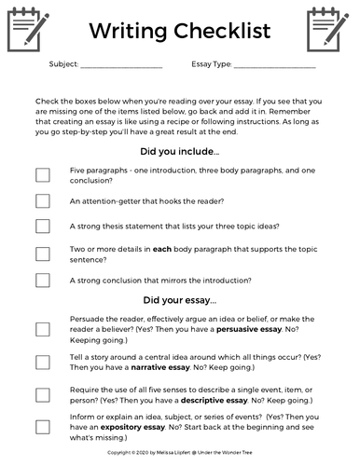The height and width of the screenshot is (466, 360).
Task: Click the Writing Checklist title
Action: click(x=179, y=31)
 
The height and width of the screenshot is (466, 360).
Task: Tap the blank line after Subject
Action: click(x=121, y=67)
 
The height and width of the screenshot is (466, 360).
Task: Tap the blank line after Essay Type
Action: click(x=274, y=67)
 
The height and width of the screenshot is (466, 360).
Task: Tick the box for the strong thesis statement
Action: click(x=43, y=226)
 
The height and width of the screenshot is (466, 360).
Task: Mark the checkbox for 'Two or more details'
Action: click(x=43, y=253)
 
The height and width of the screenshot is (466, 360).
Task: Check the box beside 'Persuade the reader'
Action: click(x=43, y=329)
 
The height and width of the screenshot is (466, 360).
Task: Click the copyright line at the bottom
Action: click(x=179, y=451)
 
